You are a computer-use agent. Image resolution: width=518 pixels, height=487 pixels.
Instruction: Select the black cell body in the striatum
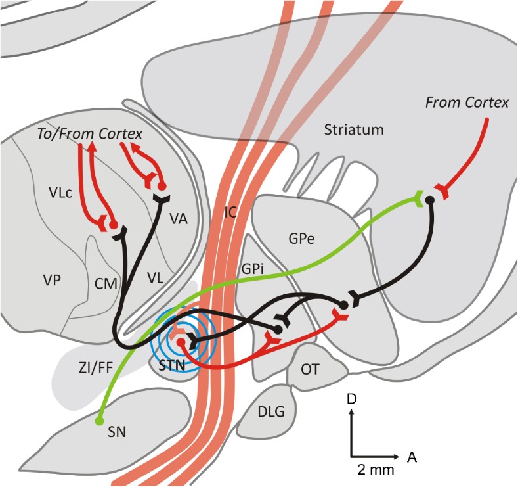point(430,199)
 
